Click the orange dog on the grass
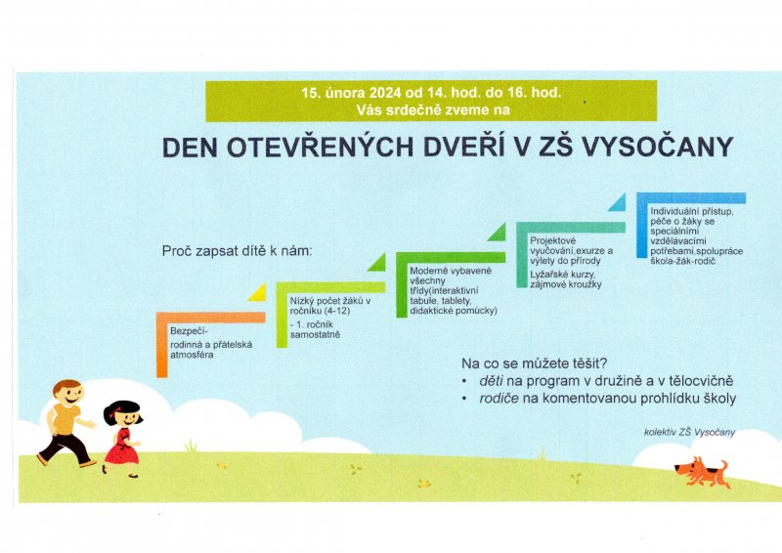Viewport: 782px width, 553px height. [702, 472]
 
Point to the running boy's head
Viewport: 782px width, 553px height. [67, 393]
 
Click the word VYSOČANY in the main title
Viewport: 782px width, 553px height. [657, 147]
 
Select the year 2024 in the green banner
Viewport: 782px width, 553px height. [384, 93]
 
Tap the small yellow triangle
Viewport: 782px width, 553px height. [257, 292]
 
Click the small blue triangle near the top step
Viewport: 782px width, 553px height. [618, 202]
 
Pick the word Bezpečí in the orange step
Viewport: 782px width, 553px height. [189, 331]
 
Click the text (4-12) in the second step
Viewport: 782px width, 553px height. [337, 311]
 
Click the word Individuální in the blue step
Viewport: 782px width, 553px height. [674, 211]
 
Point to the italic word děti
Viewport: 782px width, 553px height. [491, 381]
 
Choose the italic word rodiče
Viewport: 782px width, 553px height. [499, 399]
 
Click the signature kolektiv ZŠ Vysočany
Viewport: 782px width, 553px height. [689, 432]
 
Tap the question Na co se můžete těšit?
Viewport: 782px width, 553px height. [534, 363]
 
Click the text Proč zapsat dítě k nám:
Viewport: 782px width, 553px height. [237, 251]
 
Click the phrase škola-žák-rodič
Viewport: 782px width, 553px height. [682, 261]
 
